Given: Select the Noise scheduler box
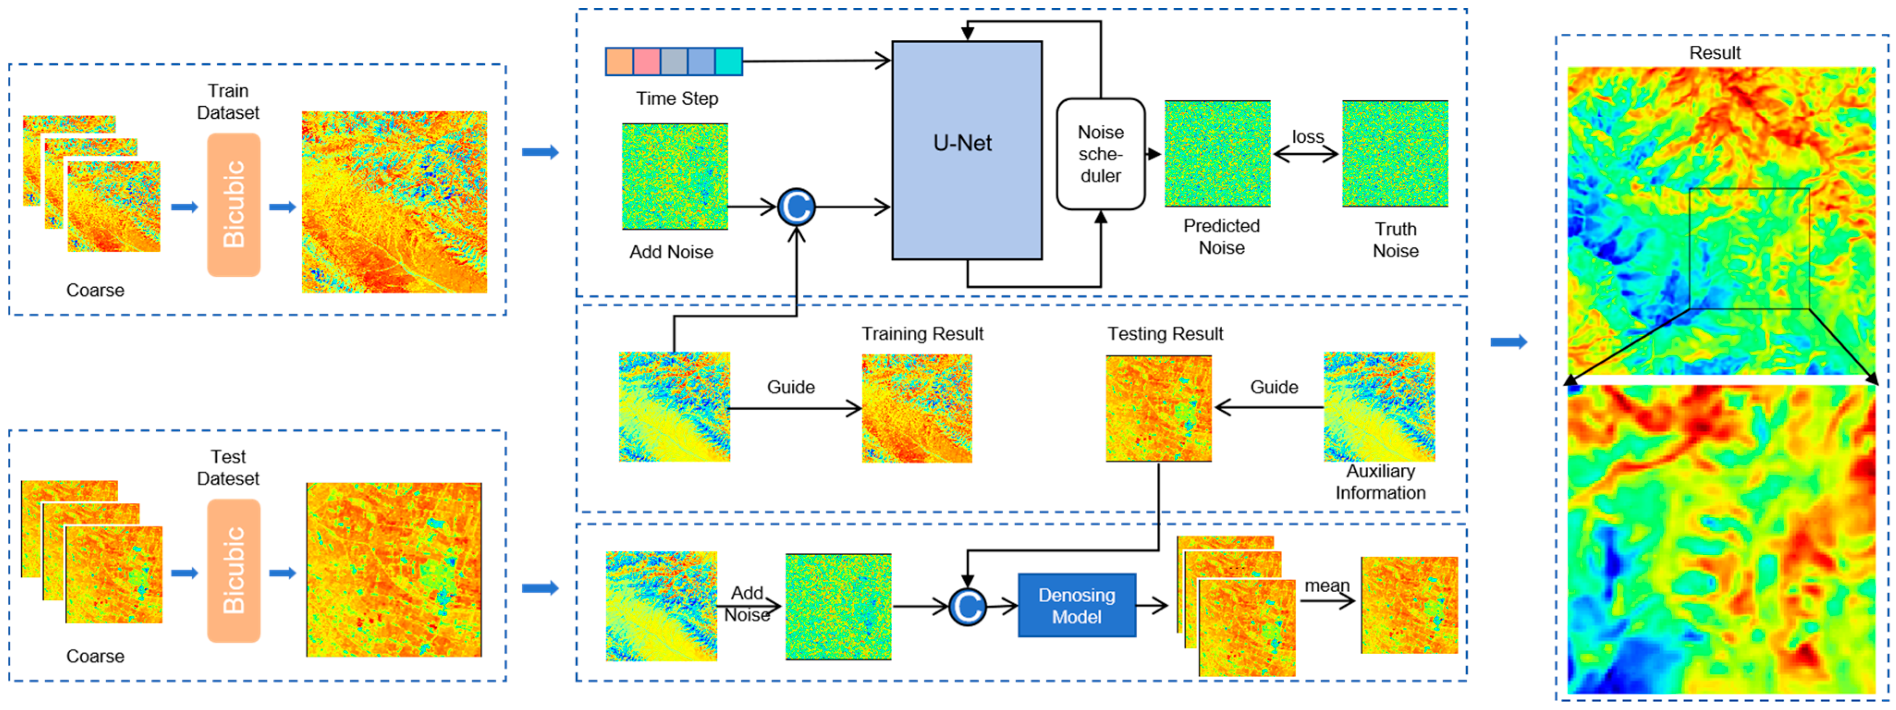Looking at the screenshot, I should coord(1101,154).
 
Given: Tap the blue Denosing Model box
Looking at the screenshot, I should coord(1076,606).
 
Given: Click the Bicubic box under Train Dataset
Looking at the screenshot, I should coord(233,205).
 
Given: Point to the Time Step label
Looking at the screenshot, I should coord(676,98).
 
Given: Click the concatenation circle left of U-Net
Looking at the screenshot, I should coord(795,207).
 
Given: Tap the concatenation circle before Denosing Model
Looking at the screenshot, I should coord(966,607).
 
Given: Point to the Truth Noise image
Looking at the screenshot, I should coord(1395,154).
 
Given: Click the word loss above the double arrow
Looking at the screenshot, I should coord(1307,137).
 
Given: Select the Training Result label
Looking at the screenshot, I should coord(922,334).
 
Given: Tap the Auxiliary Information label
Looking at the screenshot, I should coord(1380,482).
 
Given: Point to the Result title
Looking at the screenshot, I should coord(1714,53).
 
